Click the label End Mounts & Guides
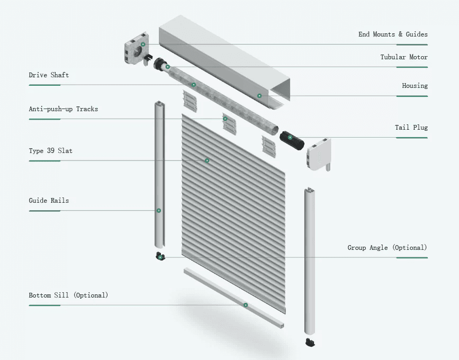(393, 34)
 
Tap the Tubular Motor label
(403, 57)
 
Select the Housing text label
(415, 86)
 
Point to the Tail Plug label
(411, 128)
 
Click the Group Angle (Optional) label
(387, 248)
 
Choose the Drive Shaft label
(49, 75)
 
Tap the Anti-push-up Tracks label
(63, 109)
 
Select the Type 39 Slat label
(50, 151)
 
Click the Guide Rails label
(49, 201)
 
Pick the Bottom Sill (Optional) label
(68, 295)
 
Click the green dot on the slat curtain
(207, 160)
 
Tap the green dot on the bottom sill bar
(246, 305)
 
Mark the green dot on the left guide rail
(158, 211)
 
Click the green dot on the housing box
(259, 96)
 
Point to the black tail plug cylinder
(292, 140)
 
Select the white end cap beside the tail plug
(319, 154)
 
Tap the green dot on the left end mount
(143, 44)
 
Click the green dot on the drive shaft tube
(194, 85)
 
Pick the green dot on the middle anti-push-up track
(225, 119)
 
